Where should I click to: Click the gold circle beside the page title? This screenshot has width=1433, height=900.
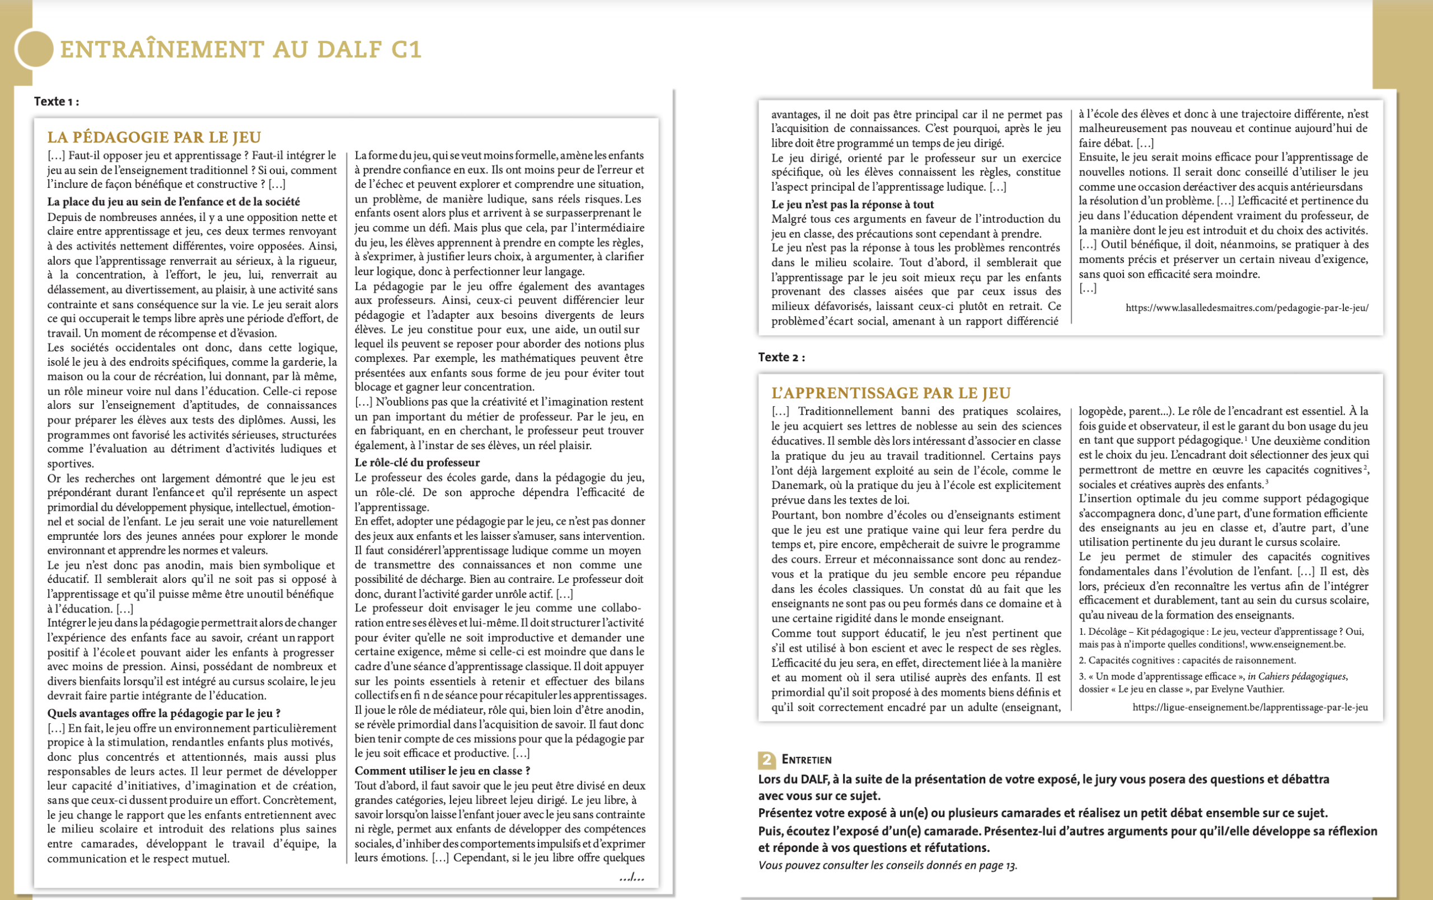click(x=35, y=49)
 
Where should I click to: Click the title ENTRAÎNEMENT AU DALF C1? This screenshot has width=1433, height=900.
click(x=241, y=49)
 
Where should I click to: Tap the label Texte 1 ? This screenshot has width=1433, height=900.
click(x=57, y=102)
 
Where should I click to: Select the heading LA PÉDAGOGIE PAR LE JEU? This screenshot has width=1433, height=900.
click(x=154, y=138)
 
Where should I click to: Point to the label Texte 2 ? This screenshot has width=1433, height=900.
click(x=781, y=357)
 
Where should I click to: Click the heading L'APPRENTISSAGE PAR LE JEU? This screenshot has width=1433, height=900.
click(x=891, y=393)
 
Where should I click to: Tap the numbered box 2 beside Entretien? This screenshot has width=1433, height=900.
click(x=766, y=760)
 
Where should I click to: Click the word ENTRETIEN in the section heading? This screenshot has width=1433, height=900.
click(x=807, y=760)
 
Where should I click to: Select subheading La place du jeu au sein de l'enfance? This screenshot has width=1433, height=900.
click(x=173, y=202)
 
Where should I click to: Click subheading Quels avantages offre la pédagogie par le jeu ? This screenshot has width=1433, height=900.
click(x=163, y=713)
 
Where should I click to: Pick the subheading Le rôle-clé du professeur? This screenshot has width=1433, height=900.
click(x=416, y=463)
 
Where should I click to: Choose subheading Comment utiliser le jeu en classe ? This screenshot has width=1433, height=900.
click(x=442, y=771)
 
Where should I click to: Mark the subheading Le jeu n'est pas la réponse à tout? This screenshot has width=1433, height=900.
click(x=852, y=205)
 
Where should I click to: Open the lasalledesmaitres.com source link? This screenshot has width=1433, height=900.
click(x=1247, y=308)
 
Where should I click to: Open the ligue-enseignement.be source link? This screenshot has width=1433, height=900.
click(x=1250, y=707)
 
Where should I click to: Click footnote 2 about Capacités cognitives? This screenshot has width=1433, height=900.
click(x=1187, y=660)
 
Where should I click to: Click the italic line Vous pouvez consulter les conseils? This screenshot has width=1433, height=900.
click(x=887, y=865)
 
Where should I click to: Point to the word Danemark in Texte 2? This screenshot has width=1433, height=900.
click(x=799, y=486)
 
